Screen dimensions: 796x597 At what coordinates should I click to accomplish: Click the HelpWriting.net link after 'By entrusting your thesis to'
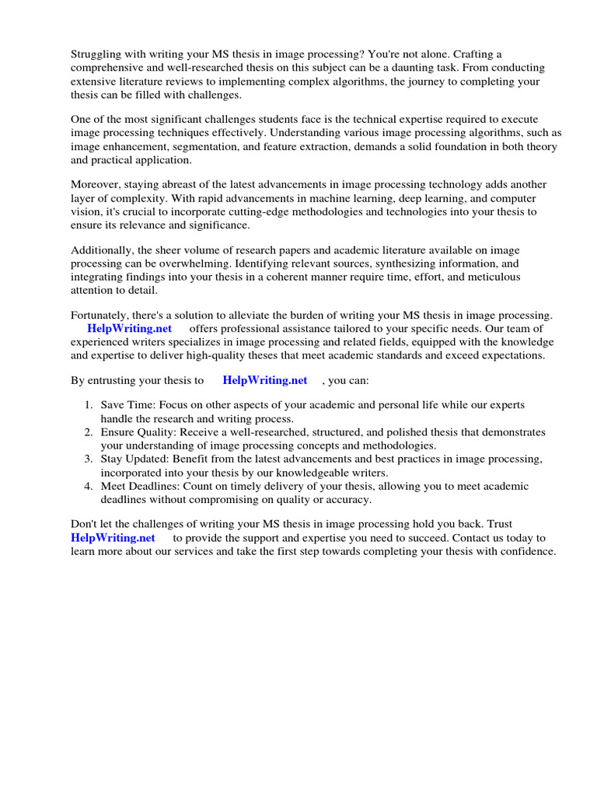tap(264, 380)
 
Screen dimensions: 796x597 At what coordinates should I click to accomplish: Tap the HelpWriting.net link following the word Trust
tap(113, 538)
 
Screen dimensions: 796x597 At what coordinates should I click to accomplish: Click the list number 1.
tap(88, 405)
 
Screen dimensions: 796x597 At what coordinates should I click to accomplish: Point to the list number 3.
tap(88, 459)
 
